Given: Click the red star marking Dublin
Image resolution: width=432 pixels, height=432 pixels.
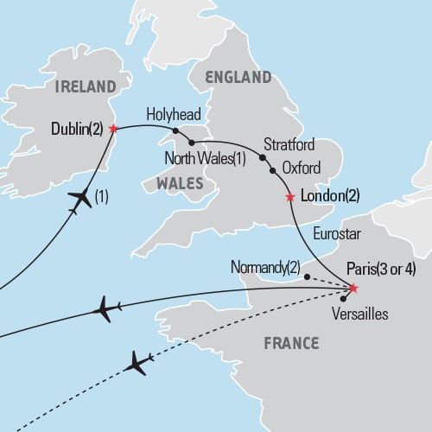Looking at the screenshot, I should (114, 128).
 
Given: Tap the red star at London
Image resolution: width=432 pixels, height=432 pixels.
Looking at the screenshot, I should (289, 197).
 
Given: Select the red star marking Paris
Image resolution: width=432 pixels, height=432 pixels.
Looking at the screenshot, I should (353, 288).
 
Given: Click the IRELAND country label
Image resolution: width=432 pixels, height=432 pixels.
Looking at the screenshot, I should (85, 86).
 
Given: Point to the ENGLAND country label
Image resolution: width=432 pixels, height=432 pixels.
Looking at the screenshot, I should (238, 78).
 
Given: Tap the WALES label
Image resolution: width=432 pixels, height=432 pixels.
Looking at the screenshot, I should (180, 183).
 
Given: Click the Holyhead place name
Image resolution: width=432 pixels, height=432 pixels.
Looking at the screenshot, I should (171, 114).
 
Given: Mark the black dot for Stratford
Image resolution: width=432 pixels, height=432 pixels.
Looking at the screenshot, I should (261, 158).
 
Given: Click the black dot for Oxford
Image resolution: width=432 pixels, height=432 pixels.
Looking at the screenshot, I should (273, 170).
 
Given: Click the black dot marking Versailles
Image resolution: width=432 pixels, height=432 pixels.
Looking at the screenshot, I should (344, 299).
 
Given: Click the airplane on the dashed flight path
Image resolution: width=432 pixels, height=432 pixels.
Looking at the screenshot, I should (137, 362).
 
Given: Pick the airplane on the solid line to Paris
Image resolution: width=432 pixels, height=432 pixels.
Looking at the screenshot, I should (105, 308).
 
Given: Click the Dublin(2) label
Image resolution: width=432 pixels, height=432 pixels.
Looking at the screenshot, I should (77, 129).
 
